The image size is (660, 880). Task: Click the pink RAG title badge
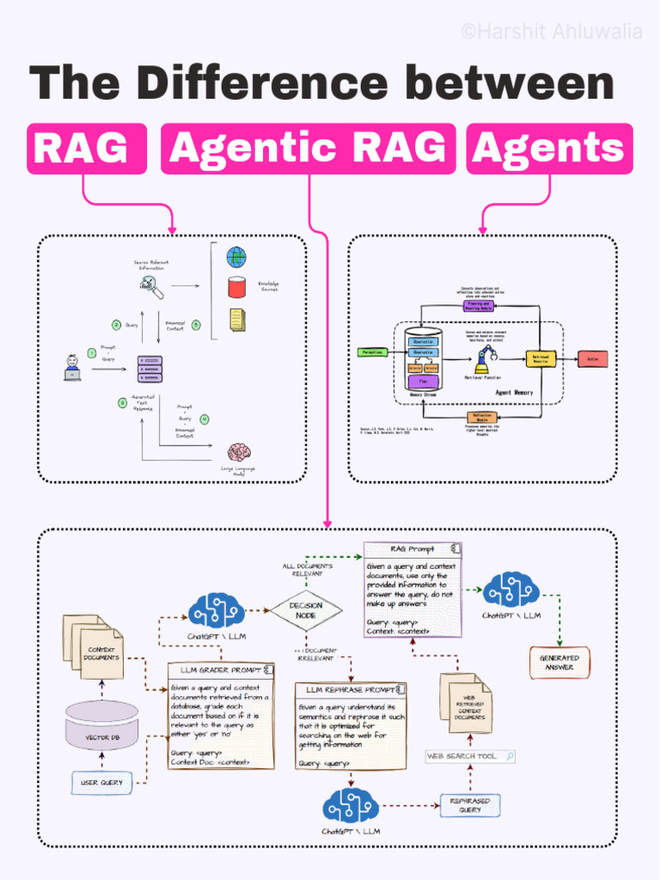coord(86,149)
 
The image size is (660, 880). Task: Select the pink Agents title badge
coord(549,149)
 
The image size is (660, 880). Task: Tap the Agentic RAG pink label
coord(309,149)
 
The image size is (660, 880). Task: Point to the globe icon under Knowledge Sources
coord(236,257)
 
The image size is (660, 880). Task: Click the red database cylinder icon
coord(236,287)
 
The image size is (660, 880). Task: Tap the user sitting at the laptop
coord(73,368)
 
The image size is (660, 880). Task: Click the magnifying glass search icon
coord(150,288)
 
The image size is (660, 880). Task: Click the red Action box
coord(592,359)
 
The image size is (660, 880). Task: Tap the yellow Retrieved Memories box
coord(541,359)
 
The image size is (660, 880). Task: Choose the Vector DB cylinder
coord(101,726)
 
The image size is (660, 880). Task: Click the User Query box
coord(101,782)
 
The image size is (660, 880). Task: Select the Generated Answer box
coord(559,663)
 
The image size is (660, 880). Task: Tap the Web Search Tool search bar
coord(470,756)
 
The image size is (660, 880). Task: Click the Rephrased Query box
coord(469,805)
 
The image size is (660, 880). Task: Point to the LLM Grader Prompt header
coord(221,670)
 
